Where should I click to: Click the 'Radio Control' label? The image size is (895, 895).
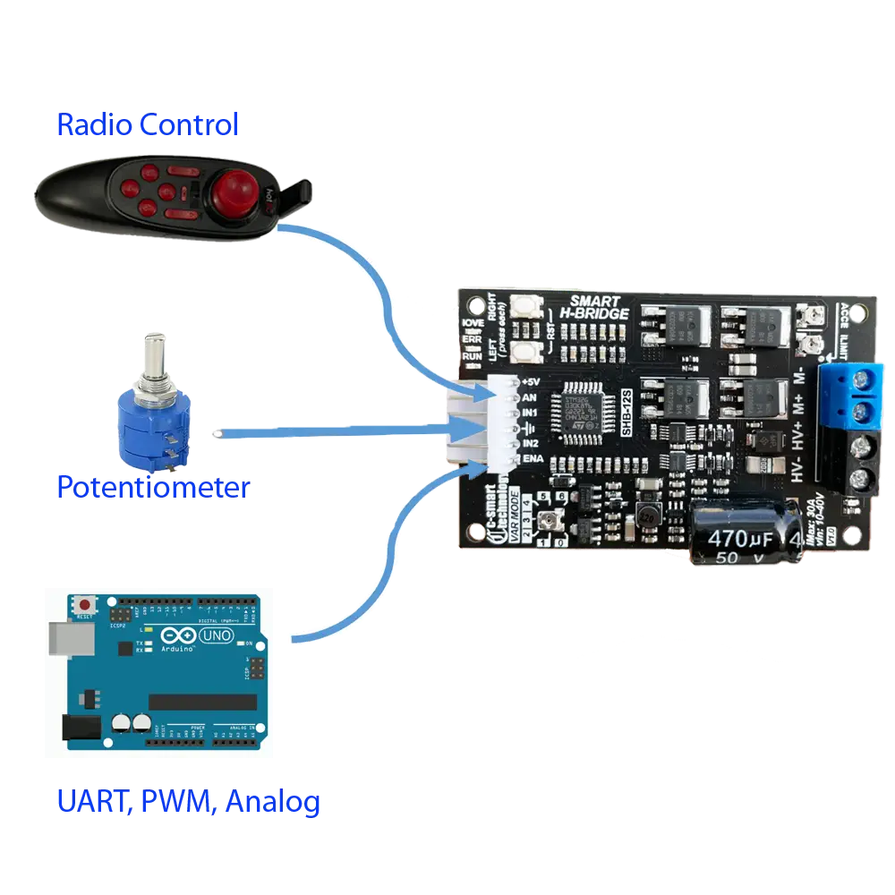[x=148, y=124]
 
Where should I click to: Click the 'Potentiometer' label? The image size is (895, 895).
[x=153, y=488]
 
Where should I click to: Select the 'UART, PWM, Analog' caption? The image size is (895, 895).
[x=189, y=801]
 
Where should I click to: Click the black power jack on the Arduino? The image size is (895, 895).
[x=75, y=727]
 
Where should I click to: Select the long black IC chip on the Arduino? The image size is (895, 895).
[x=195, y=702]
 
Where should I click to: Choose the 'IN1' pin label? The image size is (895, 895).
[x=530, y=413]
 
